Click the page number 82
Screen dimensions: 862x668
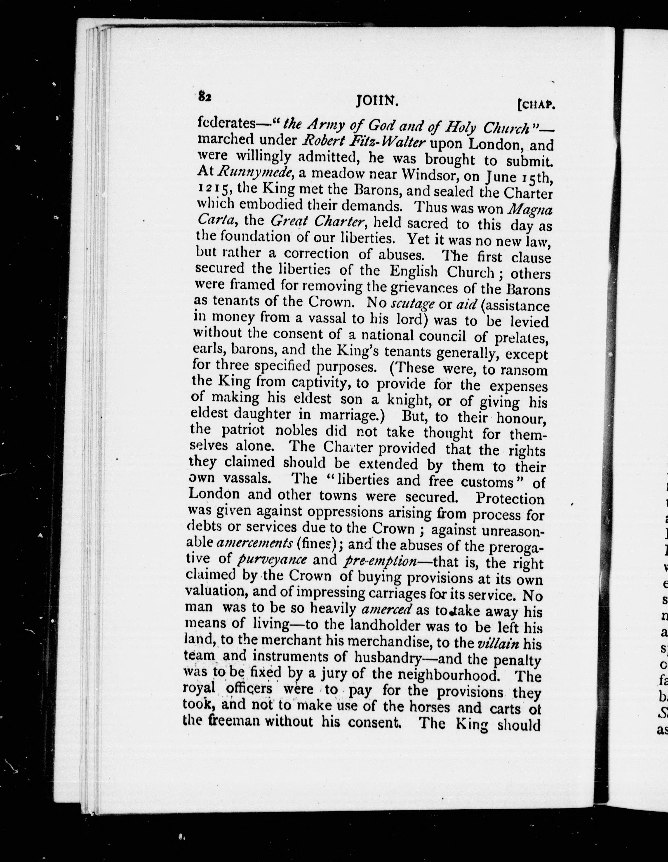tap(205, 97)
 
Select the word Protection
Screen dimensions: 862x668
tap(510, 499)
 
